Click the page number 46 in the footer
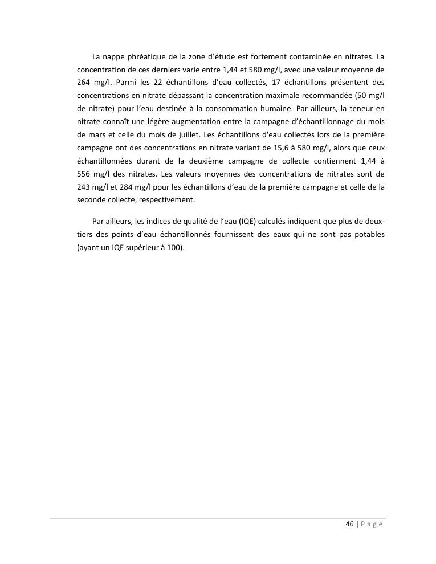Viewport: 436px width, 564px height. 349,524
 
